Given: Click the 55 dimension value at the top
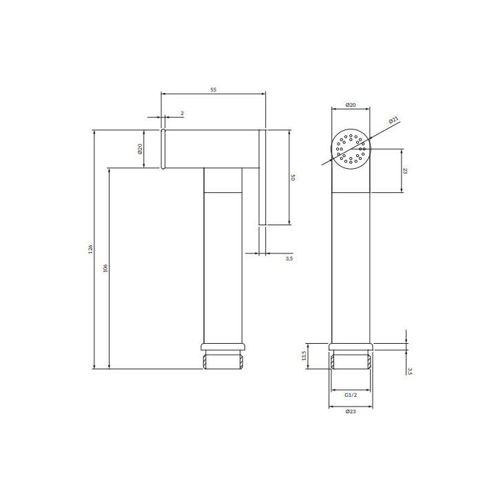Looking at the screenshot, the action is point(213,90).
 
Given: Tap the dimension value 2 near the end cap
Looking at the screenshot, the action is point(182,113).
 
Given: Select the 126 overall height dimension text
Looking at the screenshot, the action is point(90,249).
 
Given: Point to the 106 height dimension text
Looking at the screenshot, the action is point(105,268).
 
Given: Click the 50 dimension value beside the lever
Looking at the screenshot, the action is point(293,178).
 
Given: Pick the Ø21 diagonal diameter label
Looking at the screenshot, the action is point(394,120).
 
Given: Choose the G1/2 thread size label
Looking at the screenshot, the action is point(351,395).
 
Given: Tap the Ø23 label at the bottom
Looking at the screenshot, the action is point(351,411).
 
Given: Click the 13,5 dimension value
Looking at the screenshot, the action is point(304,355).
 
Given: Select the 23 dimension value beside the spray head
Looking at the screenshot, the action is point(405,171).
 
